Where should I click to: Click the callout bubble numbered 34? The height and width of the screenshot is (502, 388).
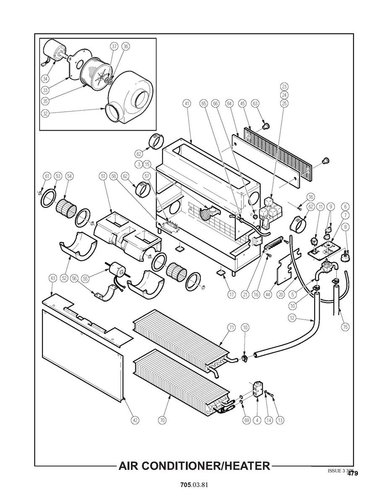click(x=45, y=78)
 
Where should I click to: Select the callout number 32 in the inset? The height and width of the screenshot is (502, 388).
click(x=45, y=112)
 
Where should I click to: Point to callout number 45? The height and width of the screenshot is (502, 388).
click(x=242, y=103)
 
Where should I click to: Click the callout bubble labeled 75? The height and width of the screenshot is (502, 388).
click(x=345, y=326)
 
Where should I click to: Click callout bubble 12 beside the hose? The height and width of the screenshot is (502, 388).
click(x=292, y=318)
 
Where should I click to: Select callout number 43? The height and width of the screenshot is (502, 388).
click(x=52, y=278)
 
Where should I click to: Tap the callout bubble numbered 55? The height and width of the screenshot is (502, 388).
click(x=86, y=278)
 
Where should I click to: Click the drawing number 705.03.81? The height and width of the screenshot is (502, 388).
click(x=194, y=485)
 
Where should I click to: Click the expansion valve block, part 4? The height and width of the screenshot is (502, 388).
click(x=257, y=389)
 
